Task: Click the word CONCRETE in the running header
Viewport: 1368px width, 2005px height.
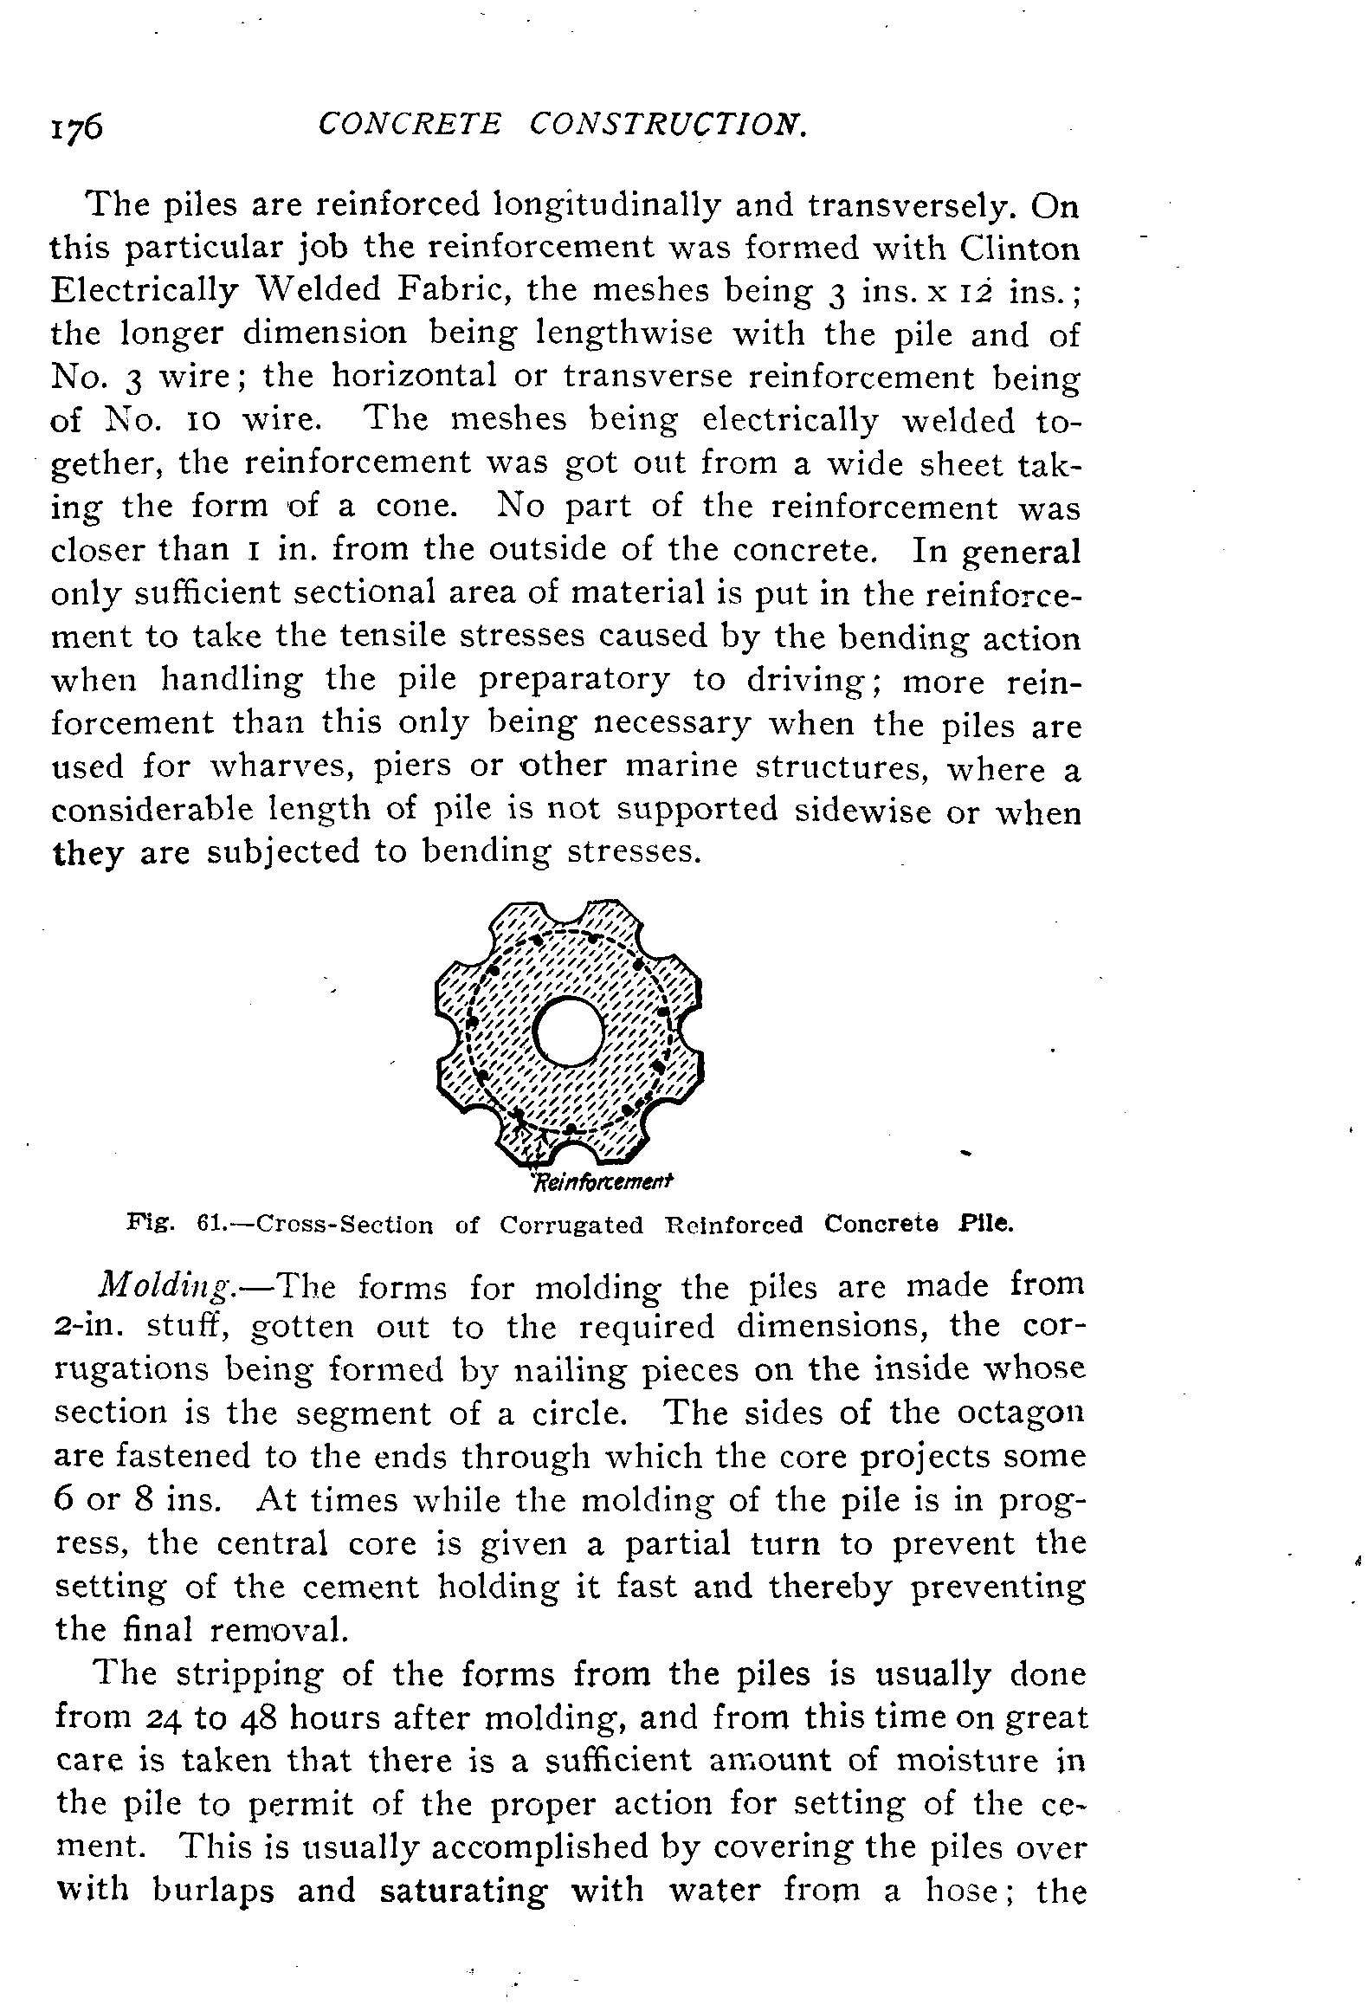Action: point(409,126)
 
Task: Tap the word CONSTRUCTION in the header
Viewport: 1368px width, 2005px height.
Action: point(669,126)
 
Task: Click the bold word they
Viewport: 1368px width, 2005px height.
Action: point(87,854)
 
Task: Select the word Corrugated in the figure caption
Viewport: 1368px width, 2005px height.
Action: point(571,1225)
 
